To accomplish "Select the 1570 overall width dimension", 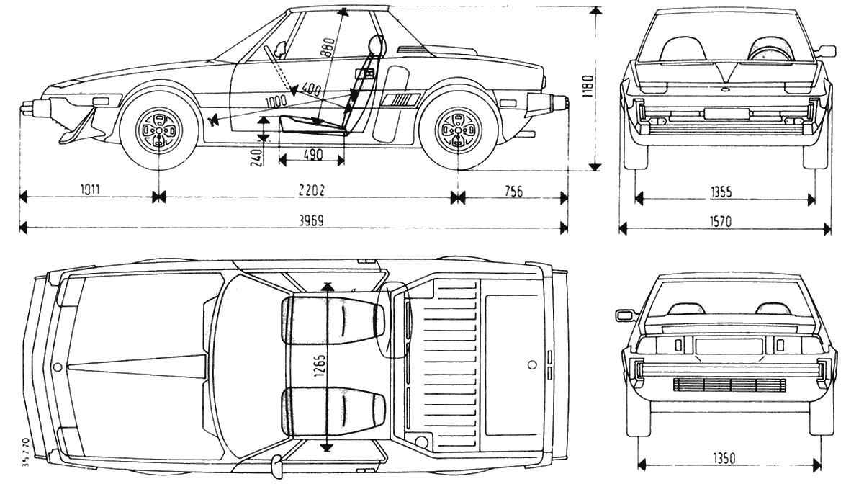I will click(719, 222).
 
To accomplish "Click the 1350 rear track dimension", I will click(724, 459).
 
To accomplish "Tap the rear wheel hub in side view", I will click(456, 130).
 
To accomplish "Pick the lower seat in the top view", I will click(333, 411).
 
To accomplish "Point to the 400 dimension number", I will click(311, 90).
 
